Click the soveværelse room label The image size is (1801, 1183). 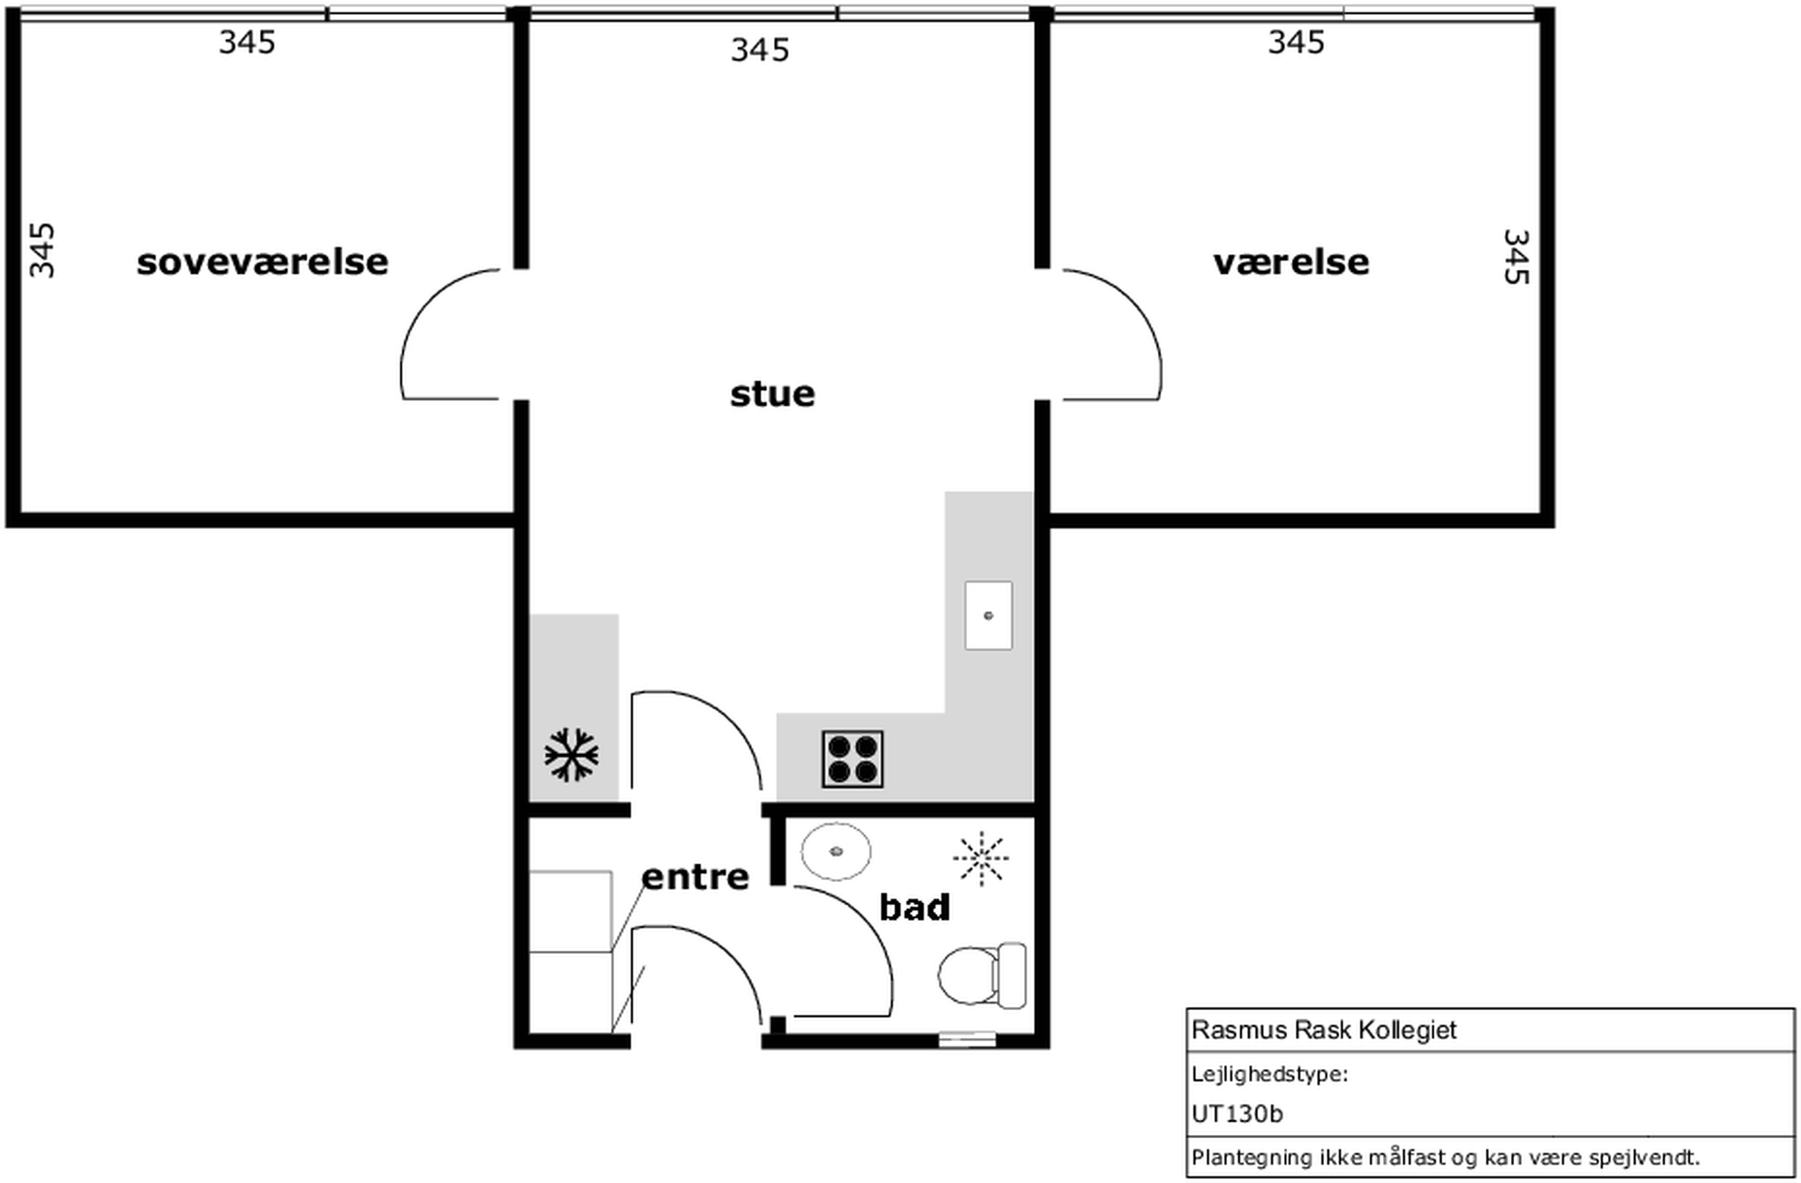pos(263,262)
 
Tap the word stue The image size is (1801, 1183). pos(772,393)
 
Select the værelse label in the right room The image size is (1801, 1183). pos(1291,263)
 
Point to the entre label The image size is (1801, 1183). pos(696,877)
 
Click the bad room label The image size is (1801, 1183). pos(914,907)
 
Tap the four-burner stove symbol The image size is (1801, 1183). pos(853,759)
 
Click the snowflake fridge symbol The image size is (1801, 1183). pos(571,755)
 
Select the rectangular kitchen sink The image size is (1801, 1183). pos(988,616)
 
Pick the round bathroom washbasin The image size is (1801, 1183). pos(835,851)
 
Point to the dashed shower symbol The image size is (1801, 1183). pos(981,858)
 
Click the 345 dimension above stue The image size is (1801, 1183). pos(760,51)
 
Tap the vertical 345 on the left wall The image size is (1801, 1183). pos(42,250)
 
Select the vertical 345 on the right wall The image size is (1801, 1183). pos(1516,257)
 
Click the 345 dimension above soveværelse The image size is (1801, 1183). pos(247,42)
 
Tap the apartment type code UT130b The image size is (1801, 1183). pos(1237,1114)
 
